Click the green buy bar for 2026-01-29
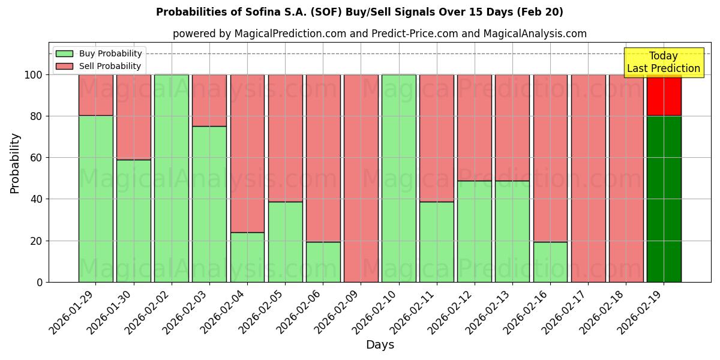tap(95, 199)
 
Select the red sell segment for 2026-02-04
tap(247, 153)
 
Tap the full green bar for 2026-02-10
tap(398, 178)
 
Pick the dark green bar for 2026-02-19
tap(664, 199)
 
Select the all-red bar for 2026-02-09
tap(361, 178)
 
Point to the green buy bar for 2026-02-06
tap(323, 262)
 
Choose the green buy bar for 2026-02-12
tap(474, 231)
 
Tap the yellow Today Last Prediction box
tap(663, 62)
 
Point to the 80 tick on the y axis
tap(37, 116)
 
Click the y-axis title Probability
tap(16, 163)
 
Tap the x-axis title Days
tap(380, 345)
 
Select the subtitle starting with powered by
tap(379, 34)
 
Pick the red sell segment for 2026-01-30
tap(133, 117)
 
